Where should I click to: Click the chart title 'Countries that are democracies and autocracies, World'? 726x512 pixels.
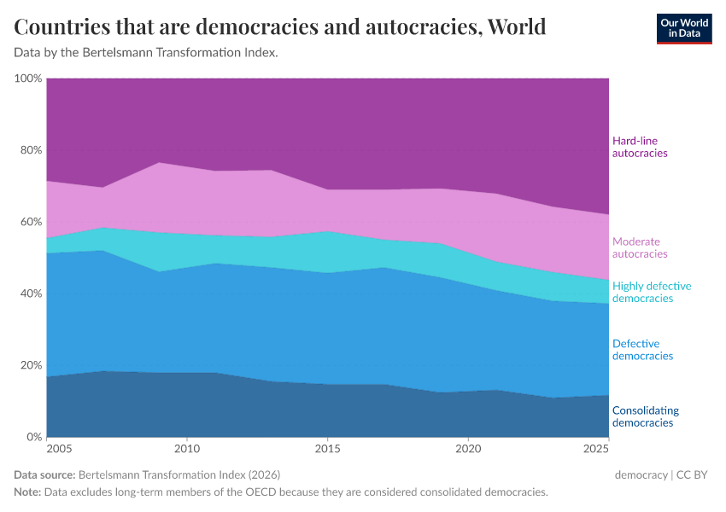click(x=280, y=27)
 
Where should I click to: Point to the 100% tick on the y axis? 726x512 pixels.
click(x=28, y=79)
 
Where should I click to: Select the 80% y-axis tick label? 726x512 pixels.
click(x=30, y=150)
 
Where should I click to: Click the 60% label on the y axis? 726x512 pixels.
click(x=30, y=222)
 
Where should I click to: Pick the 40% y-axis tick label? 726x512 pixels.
click(x=30, y=294)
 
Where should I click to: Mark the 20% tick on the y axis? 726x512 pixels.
click(x=30, y=365)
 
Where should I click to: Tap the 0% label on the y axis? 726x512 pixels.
click(x=33, y=437)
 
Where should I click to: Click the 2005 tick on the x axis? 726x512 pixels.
click(x=58, y=449)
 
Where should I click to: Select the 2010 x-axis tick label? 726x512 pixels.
click(x=186, y=449)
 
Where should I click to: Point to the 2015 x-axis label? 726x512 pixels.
click(x=327, y=449)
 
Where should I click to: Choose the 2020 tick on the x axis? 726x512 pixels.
click(x=468, y=449)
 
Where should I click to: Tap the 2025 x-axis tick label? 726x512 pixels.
click(x=596, y=449)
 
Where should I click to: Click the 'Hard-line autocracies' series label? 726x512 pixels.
click(x=640, y=147)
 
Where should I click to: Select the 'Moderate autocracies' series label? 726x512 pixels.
click(x=640, y=247)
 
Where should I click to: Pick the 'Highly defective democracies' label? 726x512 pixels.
click(x=652, y=292)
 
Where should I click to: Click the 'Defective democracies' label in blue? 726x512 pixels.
click(x=642, y=350)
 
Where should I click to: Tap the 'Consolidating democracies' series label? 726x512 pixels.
click(x=646, y=416)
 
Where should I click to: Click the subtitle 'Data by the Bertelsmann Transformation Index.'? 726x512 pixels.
click(x=146, y=53)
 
